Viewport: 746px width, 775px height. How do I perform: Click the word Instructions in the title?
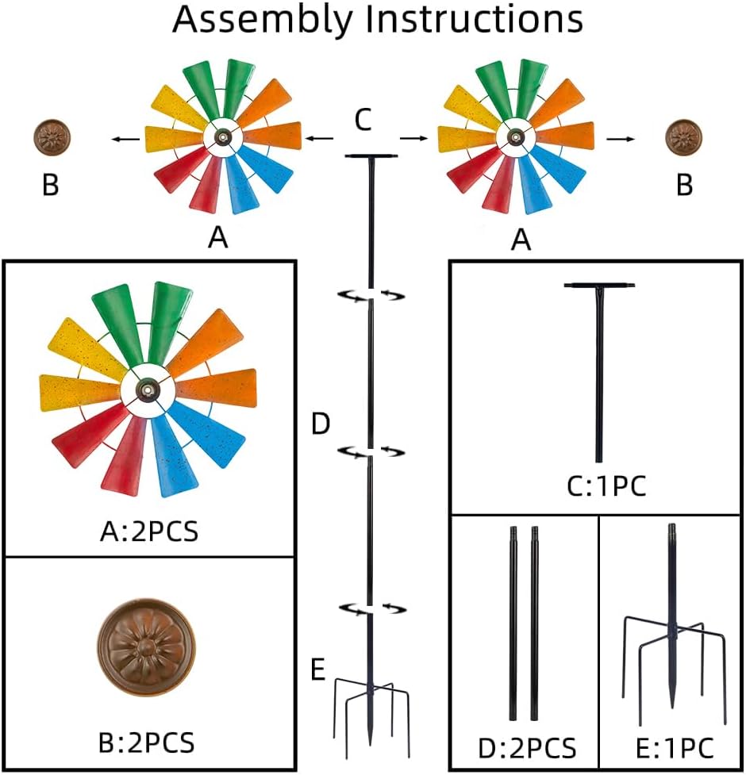(475, 21)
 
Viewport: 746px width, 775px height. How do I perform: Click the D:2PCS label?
(526, 748)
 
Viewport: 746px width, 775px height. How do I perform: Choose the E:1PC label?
(675, 748)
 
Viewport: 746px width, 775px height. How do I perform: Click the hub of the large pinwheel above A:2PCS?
(148, 389)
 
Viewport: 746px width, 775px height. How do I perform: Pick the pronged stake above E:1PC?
(673, 627)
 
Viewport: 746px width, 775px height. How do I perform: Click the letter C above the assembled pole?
(363, 121)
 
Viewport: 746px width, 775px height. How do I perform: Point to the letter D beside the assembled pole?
(319, 424)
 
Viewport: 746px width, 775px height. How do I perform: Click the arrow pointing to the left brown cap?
(123, 140)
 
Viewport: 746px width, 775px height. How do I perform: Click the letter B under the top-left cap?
(50, 185)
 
